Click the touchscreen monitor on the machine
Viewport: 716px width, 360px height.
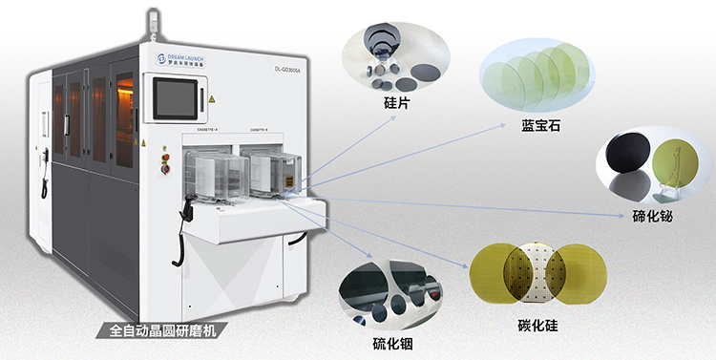pyautogui.click(x=177, y=95)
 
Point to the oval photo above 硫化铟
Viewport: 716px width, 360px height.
pyautogui.click(x=392, y=292)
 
